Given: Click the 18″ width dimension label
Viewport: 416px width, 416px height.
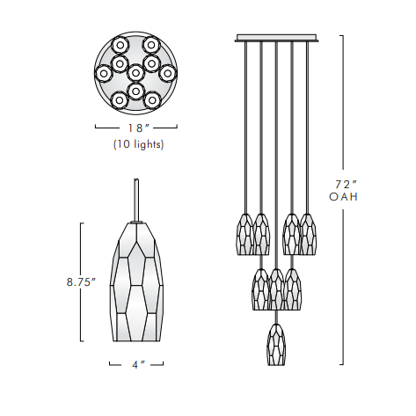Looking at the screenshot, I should pyautogui.click(x=136, y=127).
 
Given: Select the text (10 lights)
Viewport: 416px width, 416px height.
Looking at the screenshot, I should pyautogui.click(x=137, y=143).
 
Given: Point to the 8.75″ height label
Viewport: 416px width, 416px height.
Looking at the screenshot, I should pyautogui.click(x=80, y=282).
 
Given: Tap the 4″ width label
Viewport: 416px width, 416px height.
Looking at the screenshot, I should pyautogui.click(x=138, y=363).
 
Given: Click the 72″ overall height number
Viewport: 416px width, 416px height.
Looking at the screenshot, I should pyautogui.click(x=346, y=184).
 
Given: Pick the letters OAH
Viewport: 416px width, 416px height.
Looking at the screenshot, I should pyautogui.click(x=344, y=198).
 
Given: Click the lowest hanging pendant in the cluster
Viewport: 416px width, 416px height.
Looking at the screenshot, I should pyautogui.click(x=275, y=346).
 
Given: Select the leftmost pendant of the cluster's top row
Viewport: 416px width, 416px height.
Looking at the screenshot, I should pyautogui.click(x=243, y=235).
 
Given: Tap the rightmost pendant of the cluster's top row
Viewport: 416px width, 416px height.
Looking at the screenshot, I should pyautogui.click(x=308, y=234).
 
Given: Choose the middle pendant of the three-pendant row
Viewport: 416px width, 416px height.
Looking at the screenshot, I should pyautogui.click(x=276, y=289).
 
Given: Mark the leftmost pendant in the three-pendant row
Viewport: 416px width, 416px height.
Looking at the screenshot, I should pyautogui.click(x=260, y=288).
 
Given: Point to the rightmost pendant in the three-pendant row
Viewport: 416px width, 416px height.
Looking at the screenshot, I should pyautogui.click(x=293, y=288).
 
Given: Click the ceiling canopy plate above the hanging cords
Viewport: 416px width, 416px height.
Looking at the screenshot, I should pyautogui.click(x=275, y=39).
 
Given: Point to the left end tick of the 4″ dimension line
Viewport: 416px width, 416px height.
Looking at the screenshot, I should pyautogui.click(x=110, y=362).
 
